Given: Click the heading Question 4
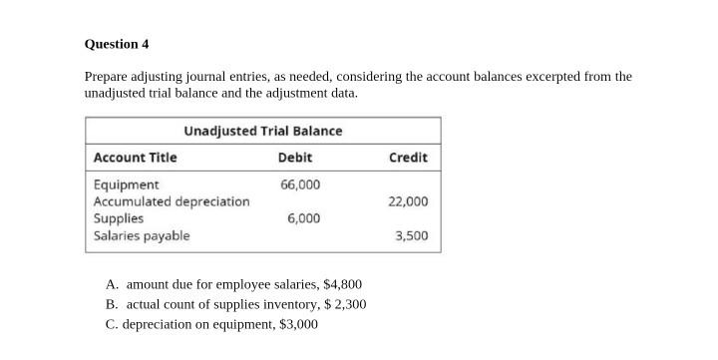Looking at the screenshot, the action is pos(117,44).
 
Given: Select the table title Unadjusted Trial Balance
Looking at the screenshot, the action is pos(262,131).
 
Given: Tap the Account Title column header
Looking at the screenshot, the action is pos(135,158).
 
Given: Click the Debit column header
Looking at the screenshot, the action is pos(294,158).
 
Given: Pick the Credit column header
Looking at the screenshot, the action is pos(408,158).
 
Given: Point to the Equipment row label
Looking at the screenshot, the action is pos(126,184).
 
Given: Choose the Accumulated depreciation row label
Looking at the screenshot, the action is pos(172,201).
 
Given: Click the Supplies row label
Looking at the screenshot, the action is pos(118,218).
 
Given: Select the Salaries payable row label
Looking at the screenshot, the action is pos(141,235).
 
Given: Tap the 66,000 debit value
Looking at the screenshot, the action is pos(300,184).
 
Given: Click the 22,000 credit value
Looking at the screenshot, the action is pos(408,201).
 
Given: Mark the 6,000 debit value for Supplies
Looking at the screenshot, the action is pos(304,218).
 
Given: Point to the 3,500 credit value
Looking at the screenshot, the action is pos(411,235).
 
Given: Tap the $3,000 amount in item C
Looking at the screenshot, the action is pos(298,324).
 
